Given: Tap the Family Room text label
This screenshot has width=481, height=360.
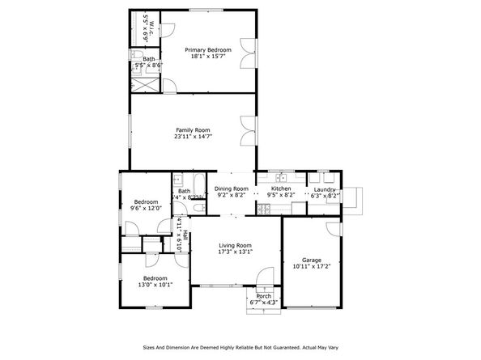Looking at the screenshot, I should tap(193, 129).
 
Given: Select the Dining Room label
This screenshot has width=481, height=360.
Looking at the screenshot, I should tap(231, 188).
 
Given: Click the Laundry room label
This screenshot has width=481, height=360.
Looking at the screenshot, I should tap(325, 188).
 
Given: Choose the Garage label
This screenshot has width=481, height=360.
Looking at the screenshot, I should tap(311, 260).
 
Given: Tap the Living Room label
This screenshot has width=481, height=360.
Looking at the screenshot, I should tap(235, 245).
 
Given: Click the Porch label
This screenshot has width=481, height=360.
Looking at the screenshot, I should tap(263, 296).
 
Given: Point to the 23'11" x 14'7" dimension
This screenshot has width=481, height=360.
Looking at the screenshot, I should tap(193, 137).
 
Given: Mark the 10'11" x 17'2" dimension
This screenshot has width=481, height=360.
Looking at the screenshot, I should tap(311, 266).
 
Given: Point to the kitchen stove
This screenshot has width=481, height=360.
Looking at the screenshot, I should tap(262, 210).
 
